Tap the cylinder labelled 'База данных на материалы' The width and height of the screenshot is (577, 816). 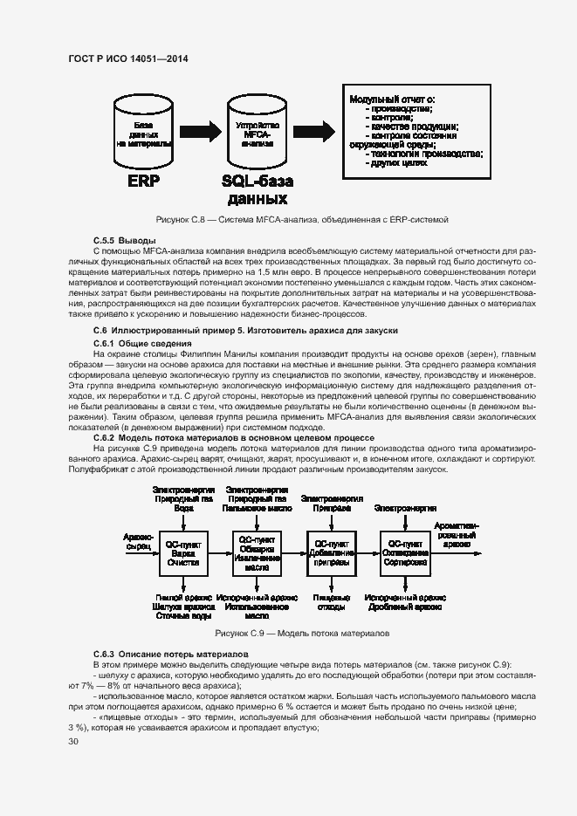click(x=143, y=135)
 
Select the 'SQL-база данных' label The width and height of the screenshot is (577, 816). click(x=257, y=190)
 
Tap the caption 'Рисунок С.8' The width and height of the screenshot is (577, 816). click(x=301, y=218)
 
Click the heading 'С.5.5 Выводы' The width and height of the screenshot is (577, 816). click(x=124, y=239)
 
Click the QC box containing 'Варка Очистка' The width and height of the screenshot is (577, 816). click(x=183, y=552)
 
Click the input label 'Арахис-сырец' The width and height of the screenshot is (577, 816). click(x=139, y=541)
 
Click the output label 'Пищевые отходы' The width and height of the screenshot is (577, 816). click(x=331, y=600)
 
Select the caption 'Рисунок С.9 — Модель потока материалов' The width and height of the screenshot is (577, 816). click(x=301, y=633)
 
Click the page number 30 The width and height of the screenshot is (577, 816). click(x=72, y=741)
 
